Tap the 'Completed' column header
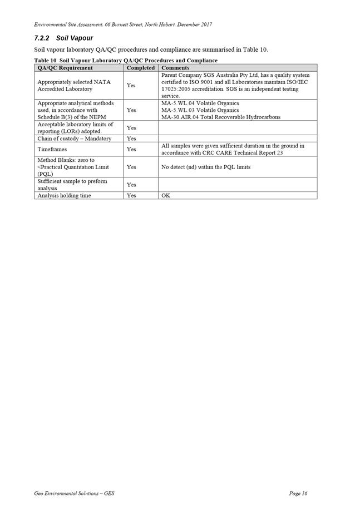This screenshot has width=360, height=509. coord(140,68)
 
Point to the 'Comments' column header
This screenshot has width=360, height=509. coord(175,68)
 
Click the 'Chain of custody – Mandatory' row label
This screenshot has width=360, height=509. coord(74,139)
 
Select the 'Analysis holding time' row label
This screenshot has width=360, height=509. coord(64,195)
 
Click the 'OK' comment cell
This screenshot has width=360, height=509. coord(166,195)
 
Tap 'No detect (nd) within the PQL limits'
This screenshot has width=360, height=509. coord(206,167)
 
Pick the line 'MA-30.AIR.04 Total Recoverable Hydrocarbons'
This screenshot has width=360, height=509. coord(221,117)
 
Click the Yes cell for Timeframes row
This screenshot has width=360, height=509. coord(131,149)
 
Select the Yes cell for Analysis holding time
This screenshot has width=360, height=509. coord(131,195)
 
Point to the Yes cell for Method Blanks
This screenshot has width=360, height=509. coord(131,167)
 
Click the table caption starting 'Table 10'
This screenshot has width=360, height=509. coord(126,60)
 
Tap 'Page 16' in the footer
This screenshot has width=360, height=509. coord(298,493)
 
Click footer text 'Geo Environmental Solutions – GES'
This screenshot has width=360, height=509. coord(74,493)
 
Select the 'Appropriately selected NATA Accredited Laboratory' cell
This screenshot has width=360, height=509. coord(74,85)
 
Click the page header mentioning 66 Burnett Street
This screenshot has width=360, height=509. coord(122,24)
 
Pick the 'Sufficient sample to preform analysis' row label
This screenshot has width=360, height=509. coord(72,185)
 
